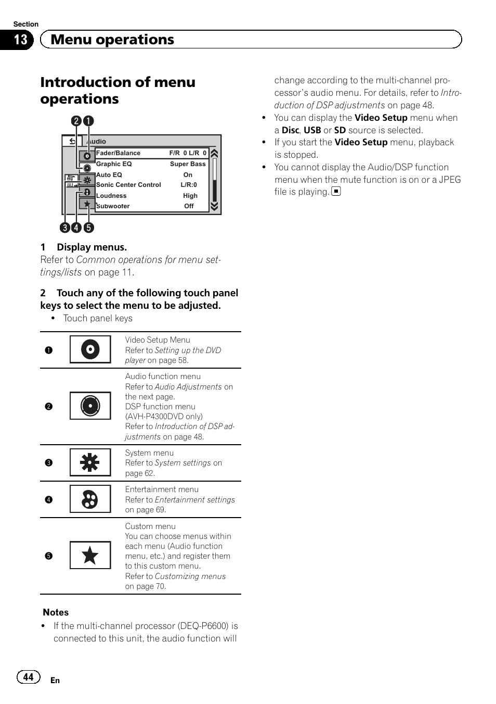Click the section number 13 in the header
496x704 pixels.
20,40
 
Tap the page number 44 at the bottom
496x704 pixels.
28,676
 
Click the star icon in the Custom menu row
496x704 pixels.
90,556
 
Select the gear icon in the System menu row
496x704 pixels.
90,462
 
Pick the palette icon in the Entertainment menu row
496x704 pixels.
90,499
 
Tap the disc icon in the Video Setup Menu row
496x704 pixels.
90,349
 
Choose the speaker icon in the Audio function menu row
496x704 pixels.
90,406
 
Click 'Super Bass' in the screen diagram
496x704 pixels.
188,164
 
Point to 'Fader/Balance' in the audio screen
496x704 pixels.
118,153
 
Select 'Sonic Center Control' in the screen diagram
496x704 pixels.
128,185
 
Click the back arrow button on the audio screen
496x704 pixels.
72,141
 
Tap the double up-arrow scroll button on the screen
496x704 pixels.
214,153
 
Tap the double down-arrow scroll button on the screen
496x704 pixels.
214,206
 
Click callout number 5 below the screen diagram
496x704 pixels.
89,228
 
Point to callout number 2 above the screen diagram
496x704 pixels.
76,121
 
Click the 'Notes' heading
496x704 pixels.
56,612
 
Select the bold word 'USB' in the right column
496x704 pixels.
312,130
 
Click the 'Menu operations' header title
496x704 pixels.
112,40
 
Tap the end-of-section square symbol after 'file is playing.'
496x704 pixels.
336,192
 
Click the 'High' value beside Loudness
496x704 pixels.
190,196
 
